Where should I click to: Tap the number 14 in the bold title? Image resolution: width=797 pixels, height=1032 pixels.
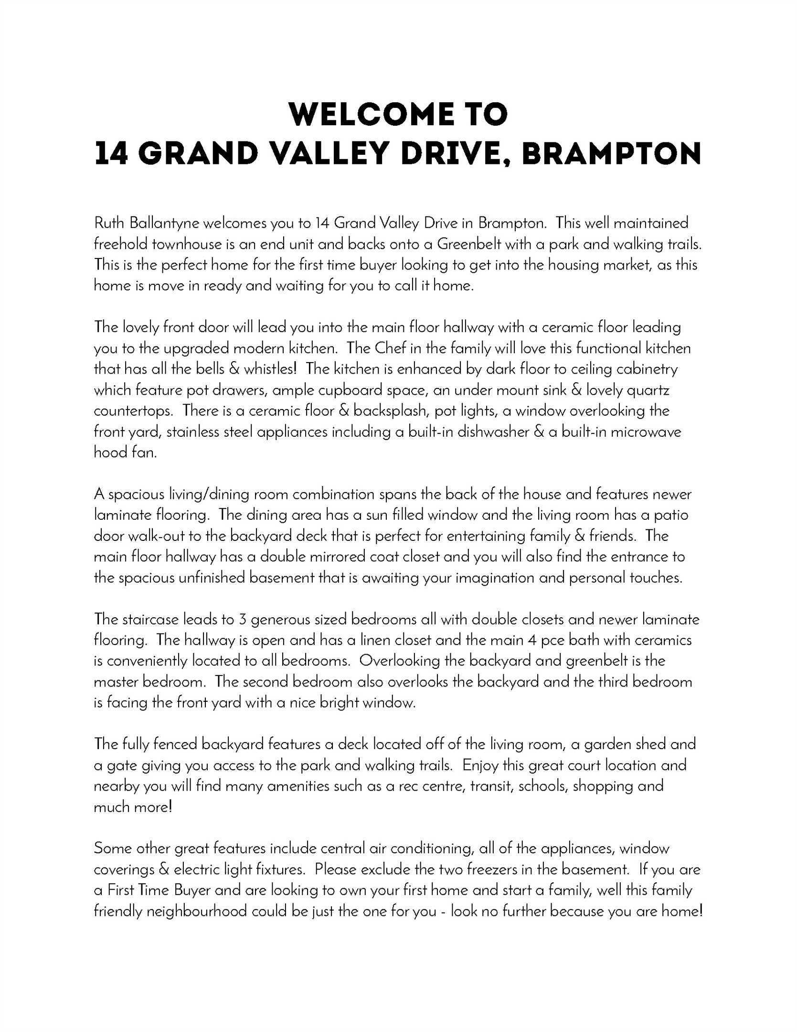(111, 154)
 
